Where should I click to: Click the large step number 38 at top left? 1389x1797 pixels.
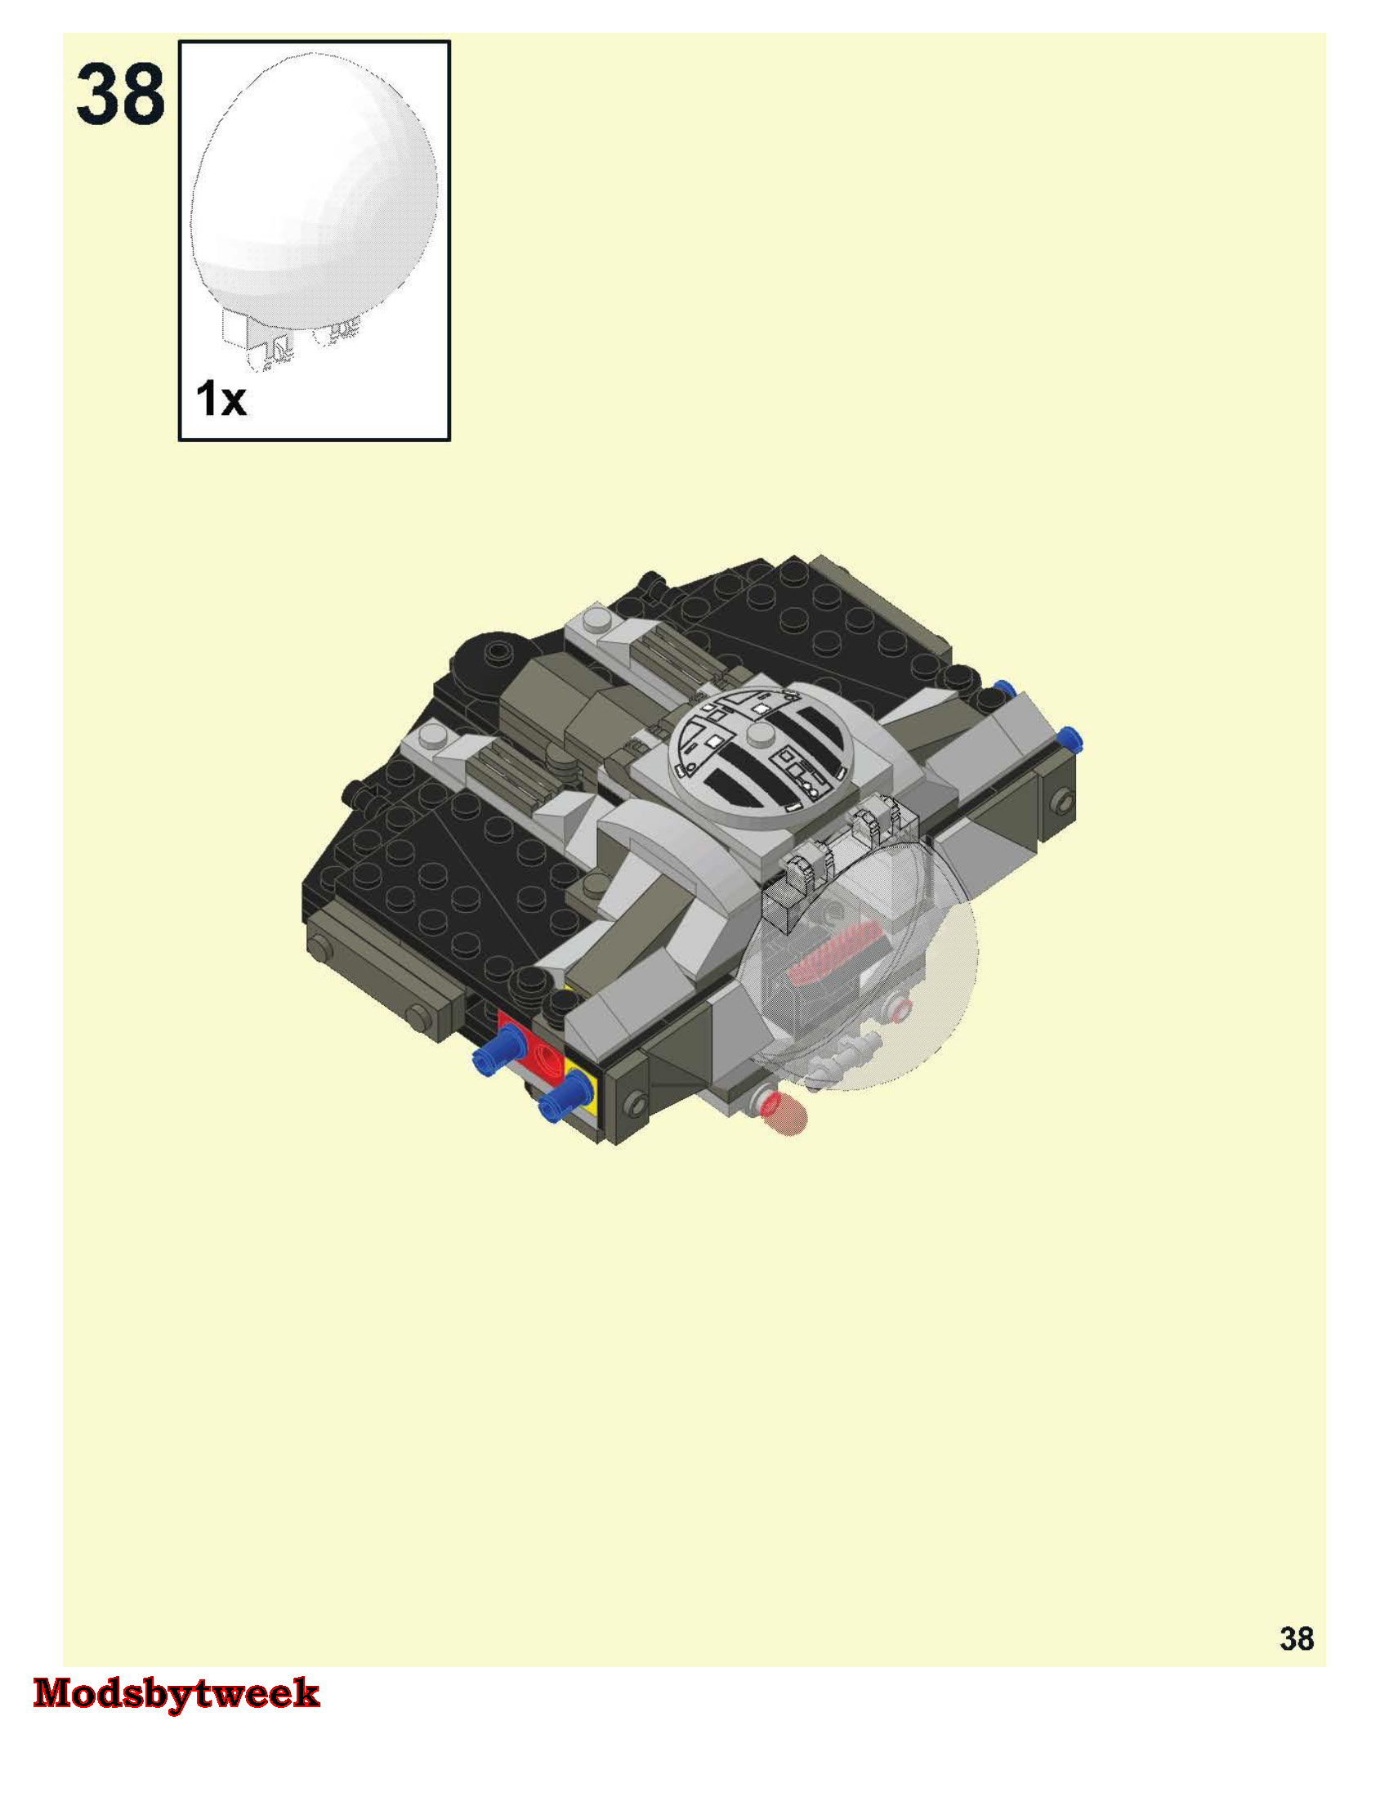click(121, 96)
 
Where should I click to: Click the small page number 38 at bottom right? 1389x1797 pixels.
click(1297, 1639)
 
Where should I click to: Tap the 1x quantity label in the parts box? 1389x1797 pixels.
click(221, 399)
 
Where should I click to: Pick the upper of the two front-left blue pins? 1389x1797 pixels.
click(499, 1056)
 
